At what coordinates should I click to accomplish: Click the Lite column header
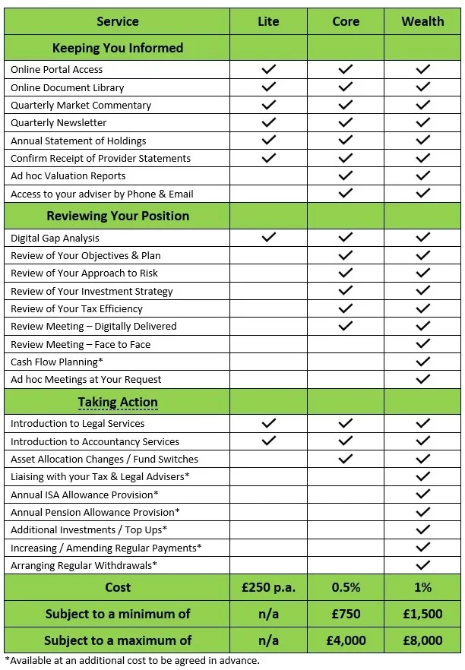tap(268, 21)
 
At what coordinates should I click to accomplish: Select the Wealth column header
tap(422, 21)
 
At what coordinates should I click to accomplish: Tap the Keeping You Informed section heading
tap(118, 48)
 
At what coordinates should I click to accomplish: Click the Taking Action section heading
tap(118, 402)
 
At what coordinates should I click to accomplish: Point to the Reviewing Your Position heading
tap(118, 216)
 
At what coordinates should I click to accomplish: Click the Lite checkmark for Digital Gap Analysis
tap(268, 238)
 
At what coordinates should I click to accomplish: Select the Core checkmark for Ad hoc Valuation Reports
tap(346, 175)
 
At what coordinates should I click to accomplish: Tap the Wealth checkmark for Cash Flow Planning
tap(423, 362)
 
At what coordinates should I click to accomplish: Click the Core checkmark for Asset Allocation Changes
tap(346, 459)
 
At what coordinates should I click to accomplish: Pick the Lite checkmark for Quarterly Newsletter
tap(268, 122)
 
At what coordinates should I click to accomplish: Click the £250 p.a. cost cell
tap(268, 587)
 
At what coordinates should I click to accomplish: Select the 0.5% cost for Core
tap(346, 587)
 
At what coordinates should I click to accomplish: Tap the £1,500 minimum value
tap(422, 614)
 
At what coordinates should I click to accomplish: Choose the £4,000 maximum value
tap(346, 640)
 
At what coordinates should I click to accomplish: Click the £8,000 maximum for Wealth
tap(422, 640)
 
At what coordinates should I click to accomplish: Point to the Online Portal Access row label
tap(57, 69)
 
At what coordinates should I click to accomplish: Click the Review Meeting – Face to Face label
tap(81, 344)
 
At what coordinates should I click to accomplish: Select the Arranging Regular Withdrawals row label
tap(84, 565)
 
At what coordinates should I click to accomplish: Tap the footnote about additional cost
tap(132, 660)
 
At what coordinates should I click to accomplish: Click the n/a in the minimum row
tap(268, 614)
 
